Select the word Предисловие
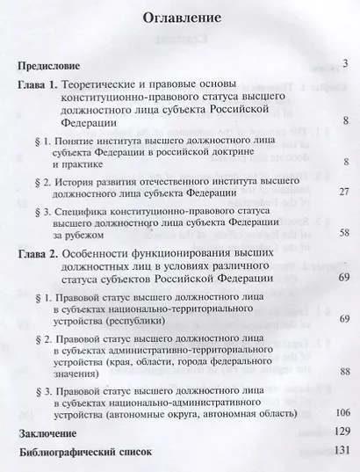(50, 66)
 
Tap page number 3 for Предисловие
(347, 62)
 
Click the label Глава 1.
(39, 85)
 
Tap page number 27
(344, 192)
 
